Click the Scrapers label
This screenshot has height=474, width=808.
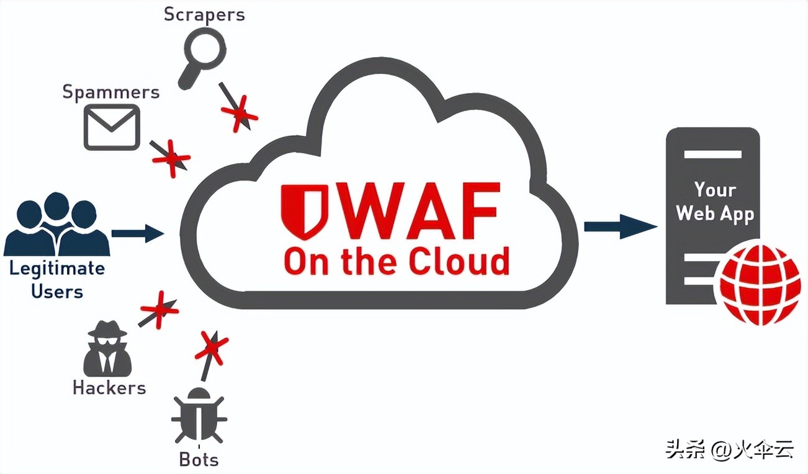coord(204,15)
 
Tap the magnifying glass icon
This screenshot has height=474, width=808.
coord(199,60)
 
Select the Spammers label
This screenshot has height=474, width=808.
coord(110,92)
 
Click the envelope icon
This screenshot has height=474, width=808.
coord(112,127)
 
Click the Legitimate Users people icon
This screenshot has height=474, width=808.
coord(56,224)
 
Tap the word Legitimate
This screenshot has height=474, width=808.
coord(56,269)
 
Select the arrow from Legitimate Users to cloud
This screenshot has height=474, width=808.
coord(137,233)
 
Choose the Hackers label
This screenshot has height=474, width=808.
coord(109,388)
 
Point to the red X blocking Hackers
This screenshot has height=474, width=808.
coord(158,309)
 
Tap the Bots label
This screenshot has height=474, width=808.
coord(199,460)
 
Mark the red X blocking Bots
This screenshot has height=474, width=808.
coord(211,347)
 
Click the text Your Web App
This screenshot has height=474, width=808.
coord(714,201)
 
